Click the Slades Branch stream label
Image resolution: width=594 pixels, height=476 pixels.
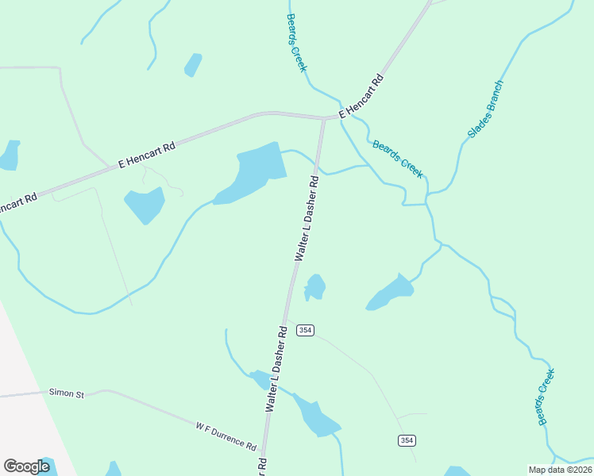click(x=485, y=109)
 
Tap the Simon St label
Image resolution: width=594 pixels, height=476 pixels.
click(x=66, y=392)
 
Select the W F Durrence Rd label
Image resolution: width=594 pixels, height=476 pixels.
click(x=226, y=436)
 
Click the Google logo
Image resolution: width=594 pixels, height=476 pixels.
click(x=26, y=466)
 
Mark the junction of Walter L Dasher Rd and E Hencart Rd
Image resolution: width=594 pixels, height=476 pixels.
click(x=323, y=119)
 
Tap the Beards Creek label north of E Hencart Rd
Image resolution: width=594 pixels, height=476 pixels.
click(x=296, y=43)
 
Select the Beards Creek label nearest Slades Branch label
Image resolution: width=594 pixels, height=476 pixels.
click(x=398, y=159)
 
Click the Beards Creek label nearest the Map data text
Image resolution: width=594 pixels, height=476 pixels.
click(x=544, y=397)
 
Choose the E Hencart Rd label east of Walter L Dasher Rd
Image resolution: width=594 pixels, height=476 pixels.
click(x=361, y=97)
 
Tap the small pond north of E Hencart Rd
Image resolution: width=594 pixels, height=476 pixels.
click(x=193, y=64)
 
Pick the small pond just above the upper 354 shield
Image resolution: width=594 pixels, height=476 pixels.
click(x=315, y=286)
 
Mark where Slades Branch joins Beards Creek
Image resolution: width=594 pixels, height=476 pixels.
click(x=427, y=195)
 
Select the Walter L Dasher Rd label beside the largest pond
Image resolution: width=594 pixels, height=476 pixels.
click(x=307, y=218)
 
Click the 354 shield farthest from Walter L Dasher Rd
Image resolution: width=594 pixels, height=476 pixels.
click(x=407, y=440)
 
